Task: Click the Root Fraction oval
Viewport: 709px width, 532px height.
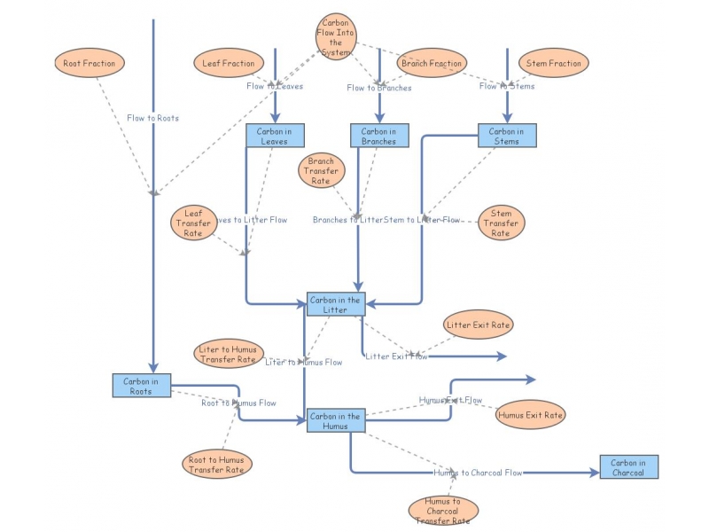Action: (89, 63)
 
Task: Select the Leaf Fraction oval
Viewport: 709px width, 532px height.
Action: (229, 63)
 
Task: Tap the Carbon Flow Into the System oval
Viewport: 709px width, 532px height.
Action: (335, 37)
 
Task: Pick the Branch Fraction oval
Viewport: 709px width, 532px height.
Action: (432, 63)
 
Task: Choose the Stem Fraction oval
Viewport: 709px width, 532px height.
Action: (554, 63)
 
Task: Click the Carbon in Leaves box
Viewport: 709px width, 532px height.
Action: (275, 136)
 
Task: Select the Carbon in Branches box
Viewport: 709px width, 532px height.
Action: (379, 136)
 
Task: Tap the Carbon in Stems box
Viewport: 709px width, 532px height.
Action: (507, 136)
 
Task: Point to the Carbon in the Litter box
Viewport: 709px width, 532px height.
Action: (335, 304)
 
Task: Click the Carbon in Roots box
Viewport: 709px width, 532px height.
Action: (142, 385)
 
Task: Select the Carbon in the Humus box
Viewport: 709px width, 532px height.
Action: (335, 420)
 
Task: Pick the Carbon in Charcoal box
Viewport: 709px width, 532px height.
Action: (629, 466)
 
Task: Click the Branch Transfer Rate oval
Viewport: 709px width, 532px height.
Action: (321, 170)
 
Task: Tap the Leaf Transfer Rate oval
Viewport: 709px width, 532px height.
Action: (192, 223)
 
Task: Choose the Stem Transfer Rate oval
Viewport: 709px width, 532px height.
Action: (501, 223)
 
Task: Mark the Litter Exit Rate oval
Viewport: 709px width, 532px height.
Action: (479, 325)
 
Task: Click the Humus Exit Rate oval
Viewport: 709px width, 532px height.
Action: (530, 414)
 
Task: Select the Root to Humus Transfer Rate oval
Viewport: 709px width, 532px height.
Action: (216, 464)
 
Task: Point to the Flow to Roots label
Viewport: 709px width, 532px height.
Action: (152, 117)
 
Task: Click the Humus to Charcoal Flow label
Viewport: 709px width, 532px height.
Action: (478, 473)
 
